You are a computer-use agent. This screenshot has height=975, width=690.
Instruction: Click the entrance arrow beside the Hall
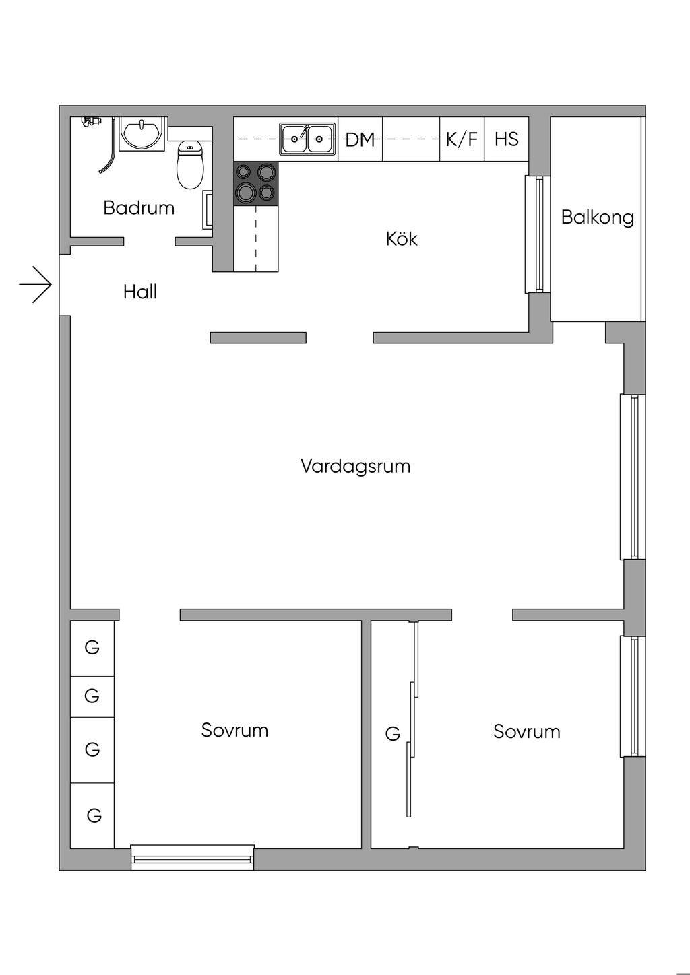click(36, 285)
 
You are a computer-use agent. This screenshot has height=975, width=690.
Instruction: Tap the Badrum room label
click(139, 208)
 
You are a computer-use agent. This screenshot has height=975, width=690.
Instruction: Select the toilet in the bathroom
click(190, 165)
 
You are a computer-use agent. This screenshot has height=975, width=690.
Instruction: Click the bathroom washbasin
click(141, 133)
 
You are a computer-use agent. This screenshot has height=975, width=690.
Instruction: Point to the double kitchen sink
click(307, 139)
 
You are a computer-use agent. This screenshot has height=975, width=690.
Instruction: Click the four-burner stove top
click(255, 183)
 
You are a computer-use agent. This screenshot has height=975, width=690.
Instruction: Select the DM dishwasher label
click(360, 140)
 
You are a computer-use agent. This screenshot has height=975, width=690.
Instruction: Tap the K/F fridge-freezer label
click(462, 139)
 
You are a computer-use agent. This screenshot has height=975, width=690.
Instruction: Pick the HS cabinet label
click(507, 139)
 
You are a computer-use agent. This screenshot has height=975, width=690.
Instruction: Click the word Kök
click(402, 238)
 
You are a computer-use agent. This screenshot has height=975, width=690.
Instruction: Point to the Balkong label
click(597, 217)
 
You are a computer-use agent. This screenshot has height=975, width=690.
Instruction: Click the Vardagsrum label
click(356, 466)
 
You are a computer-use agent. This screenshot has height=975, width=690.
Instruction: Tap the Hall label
click(140, 292)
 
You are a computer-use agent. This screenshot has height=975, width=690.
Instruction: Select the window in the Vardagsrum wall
click(633, 477)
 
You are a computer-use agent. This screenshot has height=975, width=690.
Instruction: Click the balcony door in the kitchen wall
click(538, 234)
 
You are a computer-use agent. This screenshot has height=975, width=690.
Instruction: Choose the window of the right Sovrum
click(633, 696)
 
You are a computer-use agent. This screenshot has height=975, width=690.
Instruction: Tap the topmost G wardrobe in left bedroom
click(92, 648)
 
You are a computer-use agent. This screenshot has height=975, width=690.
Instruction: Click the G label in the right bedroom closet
click(392, 734)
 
